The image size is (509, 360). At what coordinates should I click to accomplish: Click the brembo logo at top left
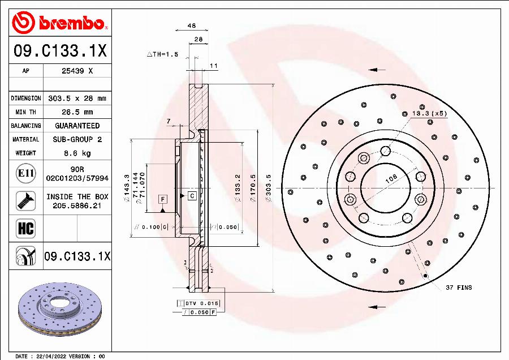tap(59, 23)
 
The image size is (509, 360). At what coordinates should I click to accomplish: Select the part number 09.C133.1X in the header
tap(59, 52)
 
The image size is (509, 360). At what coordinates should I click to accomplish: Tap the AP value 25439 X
tap(77, 71)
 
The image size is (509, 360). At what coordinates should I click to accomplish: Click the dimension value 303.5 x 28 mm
tap(77, 98)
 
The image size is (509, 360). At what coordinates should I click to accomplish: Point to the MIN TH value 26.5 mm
tap(77, 112)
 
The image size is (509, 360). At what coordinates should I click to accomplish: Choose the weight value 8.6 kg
tap(77, 153)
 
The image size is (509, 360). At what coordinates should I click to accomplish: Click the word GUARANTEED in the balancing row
tap(77, 126)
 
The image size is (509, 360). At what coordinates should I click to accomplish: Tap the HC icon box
tap(26, 228)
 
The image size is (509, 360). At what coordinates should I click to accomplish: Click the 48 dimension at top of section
tap(192, 25)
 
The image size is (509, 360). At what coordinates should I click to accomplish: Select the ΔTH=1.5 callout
tap(162, 54)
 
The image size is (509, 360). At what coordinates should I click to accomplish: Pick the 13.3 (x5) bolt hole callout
tap(428, 113)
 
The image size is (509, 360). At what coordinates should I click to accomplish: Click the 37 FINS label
tap(458, 288)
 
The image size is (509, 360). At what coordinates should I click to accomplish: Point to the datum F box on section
tap(162, 199)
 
